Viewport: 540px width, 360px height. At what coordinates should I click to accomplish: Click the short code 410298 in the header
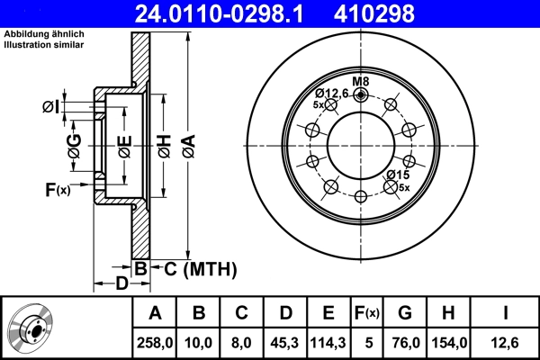[x=400, y=13]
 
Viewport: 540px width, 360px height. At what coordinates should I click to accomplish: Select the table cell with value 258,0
[x=155, y=342]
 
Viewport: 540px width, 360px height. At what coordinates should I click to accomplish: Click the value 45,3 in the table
[x=284, y=342]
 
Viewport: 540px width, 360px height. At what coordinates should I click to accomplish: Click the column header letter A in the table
[x=155, y=313]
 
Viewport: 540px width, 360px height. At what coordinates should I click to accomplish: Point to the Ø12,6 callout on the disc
[x=330, y=93]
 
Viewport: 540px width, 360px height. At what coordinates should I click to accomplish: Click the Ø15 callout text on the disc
[x=398, y=175]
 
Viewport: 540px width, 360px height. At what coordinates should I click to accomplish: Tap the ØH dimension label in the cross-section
[x=165, y=145]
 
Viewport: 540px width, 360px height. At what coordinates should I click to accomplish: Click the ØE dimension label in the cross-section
[x=124, y=145]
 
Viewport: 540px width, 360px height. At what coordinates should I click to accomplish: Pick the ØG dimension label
[x=75, y=145]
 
